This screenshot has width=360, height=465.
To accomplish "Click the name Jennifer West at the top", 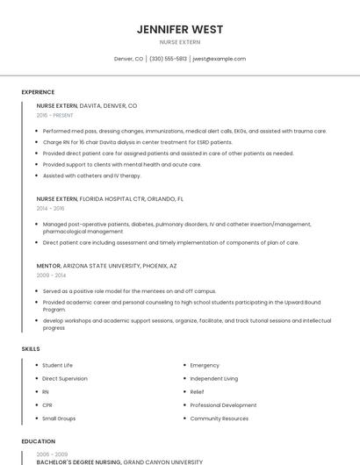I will [x=180, y=30].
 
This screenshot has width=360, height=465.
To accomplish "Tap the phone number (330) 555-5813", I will [x=168, y=59].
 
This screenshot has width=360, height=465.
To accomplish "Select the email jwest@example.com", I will [x=219, y=59].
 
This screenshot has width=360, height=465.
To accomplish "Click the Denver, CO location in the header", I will [x=128, y=59].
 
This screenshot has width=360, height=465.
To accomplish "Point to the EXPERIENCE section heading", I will [x=38, y=92].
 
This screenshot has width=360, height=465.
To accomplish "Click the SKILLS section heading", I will [x=31, y=349].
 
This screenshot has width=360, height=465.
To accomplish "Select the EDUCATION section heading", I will [x=38, y=441].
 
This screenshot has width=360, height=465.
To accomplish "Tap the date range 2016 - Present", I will [x=54, y=115].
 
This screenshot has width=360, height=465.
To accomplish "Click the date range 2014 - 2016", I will [x=50, y=209].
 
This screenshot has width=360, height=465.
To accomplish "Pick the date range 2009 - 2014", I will [x=50, y=275].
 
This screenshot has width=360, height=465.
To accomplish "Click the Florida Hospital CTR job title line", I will [x=110, y=199].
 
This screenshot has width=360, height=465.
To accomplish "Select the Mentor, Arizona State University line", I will [x=106, y=265].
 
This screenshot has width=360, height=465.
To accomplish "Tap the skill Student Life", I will [x=57, y=365].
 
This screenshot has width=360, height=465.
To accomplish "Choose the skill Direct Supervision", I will [x=65, y=378].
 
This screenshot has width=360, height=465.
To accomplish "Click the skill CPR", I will [x=47, y=405].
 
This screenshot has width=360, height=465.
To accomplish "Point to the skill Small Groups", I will [x=59, y=418].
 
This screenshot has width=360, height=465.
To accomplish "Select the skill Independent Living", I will [x=213, y=378].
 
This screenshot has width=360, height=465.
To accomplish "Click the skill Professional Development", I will [x=223, y=405].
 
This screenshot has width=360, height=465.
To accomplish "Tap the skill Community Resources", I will [x=219, y=418].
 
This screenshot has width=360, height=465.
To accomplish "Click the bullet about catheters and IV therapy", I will [x=91, y=175].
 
